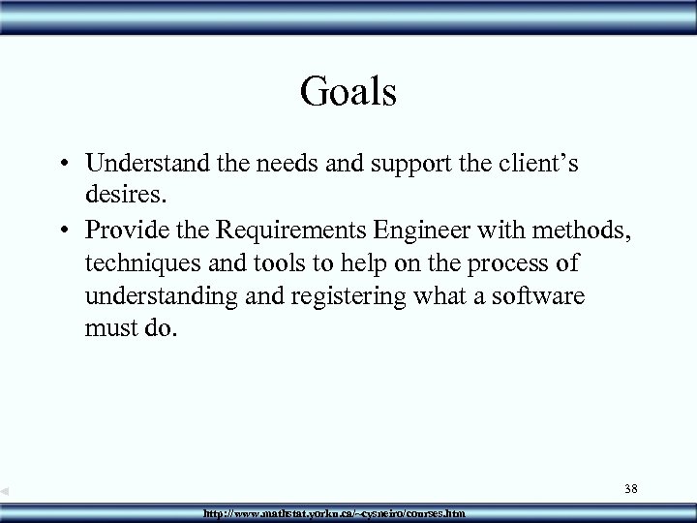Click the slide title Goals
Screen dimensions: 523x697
pyautogui.click(x=348, y=92)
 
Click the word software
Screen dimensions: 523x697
pyautogui.click(x=538, y=295)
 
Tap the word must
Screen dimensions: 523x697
pyautogui.click(x=109, y=329)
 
